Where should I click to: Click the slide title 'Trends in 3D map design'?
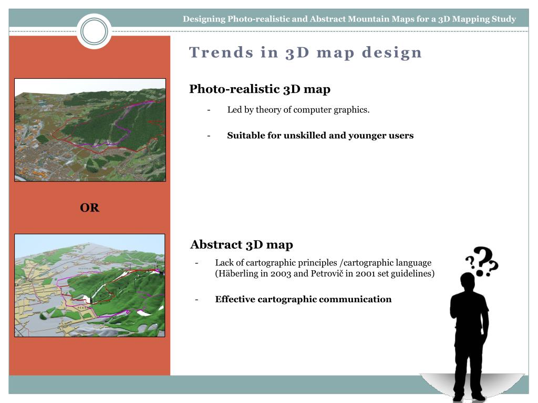(x=306, y=52)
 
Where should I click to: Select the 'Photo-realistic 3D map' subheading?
(x=260, y=89)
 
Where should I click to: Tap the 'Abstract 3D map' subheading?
(x=241, y=245)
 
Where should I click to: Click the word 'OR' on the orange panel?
(x=89, y=208)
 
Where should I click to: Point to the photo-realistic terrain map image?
(x=90, y=130)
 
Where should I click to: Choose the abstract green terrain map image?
(x=90, y=285)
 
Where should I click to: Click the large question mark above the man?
(x=487, y=261)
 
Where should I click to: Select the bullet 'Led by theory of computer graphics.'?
(x=298, y=110)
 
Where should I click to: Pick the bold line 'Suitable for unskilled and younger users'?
(x=320, y=135)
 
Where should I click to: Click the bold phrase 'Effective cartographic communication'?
(x=303, y=300)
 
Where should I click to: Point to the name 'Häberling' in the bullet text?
(x=236, y=274)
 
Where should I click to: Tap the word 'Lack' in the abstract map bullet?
(x=224, y=263)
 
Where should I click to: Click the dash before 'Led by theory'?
(x=209, y=110)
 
